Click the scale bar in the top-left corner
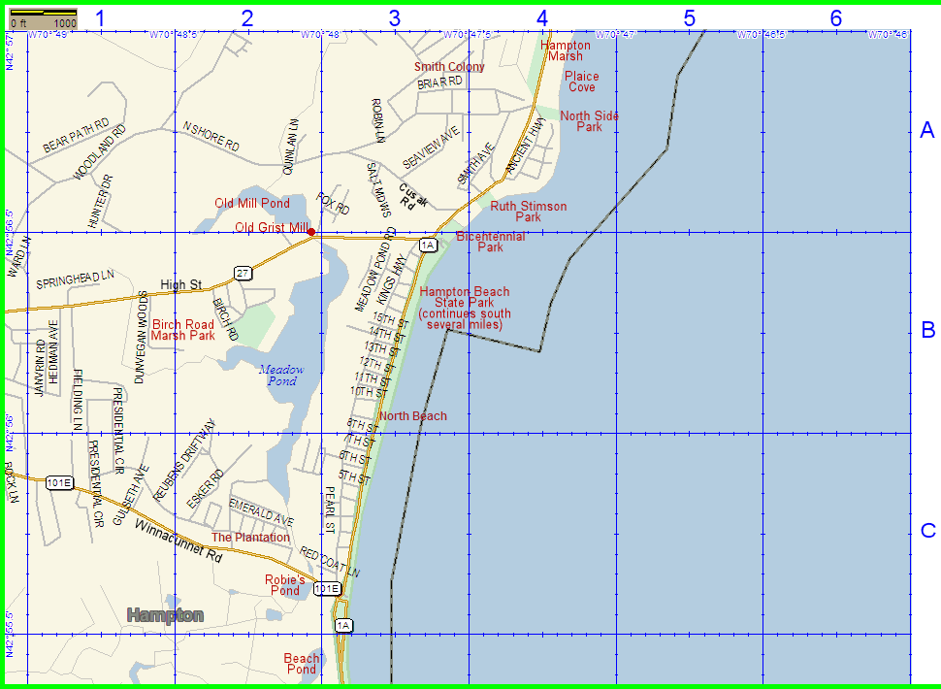point(43,16)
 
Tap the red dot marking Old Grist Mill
point(310,231)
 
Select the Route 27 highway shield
point(243,273)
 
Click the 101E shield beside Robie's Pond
point(327,588)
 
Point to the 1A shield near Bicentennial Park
point(428,246)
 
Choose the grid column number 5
point(689,17)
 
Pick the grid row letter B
point(927,330)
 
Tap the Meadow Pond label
point(281,375)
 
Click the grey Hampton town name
point(166,615)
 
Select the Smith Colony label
point(449,67)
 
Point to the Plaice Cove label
point(582,82)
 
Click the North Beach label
point(413,416)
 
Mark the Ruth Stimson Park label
point(529,212)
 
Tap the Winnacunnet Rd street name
point(178,542)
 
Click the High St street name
point(180,284)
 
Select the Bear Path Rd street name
point(76,137)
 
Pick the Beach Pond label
point(302,664)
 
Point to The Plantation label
point(250,537)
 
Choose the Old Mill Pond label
point(252,203)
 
